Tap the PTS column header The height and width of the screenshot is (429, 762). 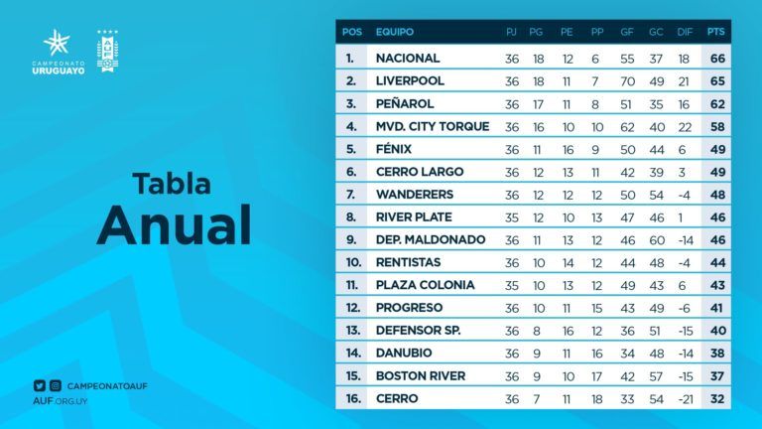(x=716, y=32)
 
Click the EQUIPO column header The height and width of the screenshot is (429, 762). (x=395, y=32)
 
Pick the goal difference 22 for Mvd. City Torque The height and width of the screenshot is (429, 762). (x=685, y=127)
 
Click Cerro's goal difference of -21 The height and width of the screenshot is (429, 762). (x=685, y=399)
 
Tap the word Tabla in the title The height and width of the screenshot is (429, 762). (x=172, y=185)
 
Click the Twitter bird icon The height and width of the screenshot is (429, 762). (x=39, y=385)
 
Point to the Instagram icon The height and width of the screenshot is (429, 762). (x=56, y=385)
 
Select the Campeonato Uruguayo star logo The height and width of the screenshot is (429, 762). (x=57, y=43)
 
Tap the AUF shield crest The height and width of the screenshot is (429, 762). (x=106, y=50)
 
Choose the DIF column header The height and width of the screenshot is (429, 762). (x=685, y=32)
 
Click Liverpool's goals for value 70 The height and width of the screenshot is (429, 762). (x=627, y=81)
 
